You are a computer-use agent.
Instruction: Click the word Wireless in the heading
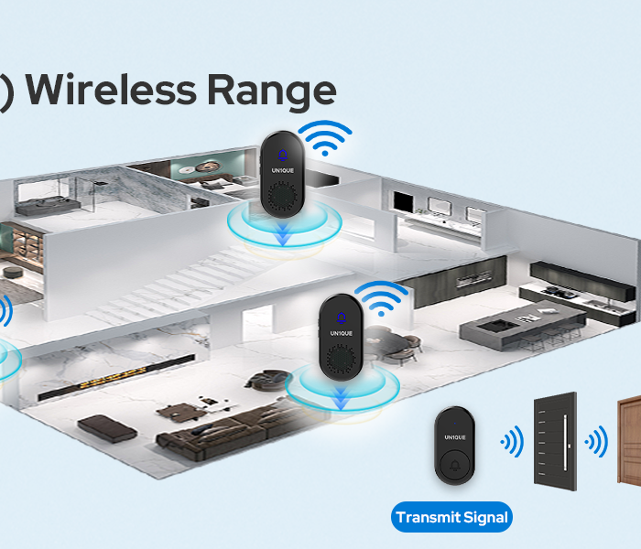[109, 91]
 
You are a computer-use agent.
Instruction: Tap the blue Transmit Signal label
[451, 517]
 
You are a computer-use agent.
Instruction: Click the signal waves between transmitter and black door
[511, 444]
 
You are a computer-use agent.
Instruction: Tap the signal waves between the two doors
[596, 443]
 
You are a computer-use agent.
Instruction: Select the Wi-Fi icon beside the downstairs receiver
[383, 297]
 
